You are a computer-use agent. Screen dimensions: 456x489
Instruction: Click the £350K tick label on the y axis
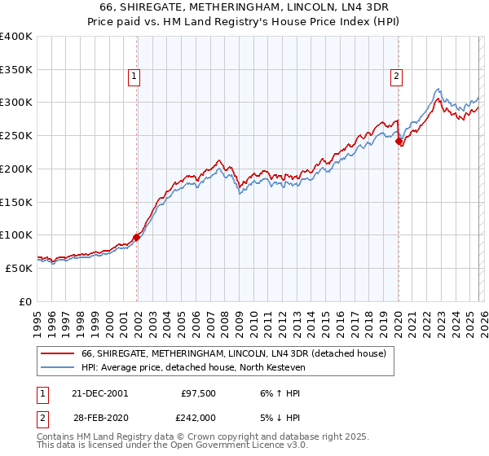(16, 70)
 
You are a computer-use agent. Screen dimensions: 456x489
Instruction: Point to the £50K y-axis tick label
(19, 268)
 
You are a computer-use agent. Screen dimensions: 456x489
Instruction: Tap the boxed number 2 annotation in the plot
(395, 77)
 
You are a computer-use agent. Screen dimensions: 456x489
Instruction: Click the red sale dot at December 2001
(137, 237)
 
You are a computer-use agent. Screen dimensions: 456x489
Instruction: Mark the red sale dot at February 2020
(399, 142)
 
